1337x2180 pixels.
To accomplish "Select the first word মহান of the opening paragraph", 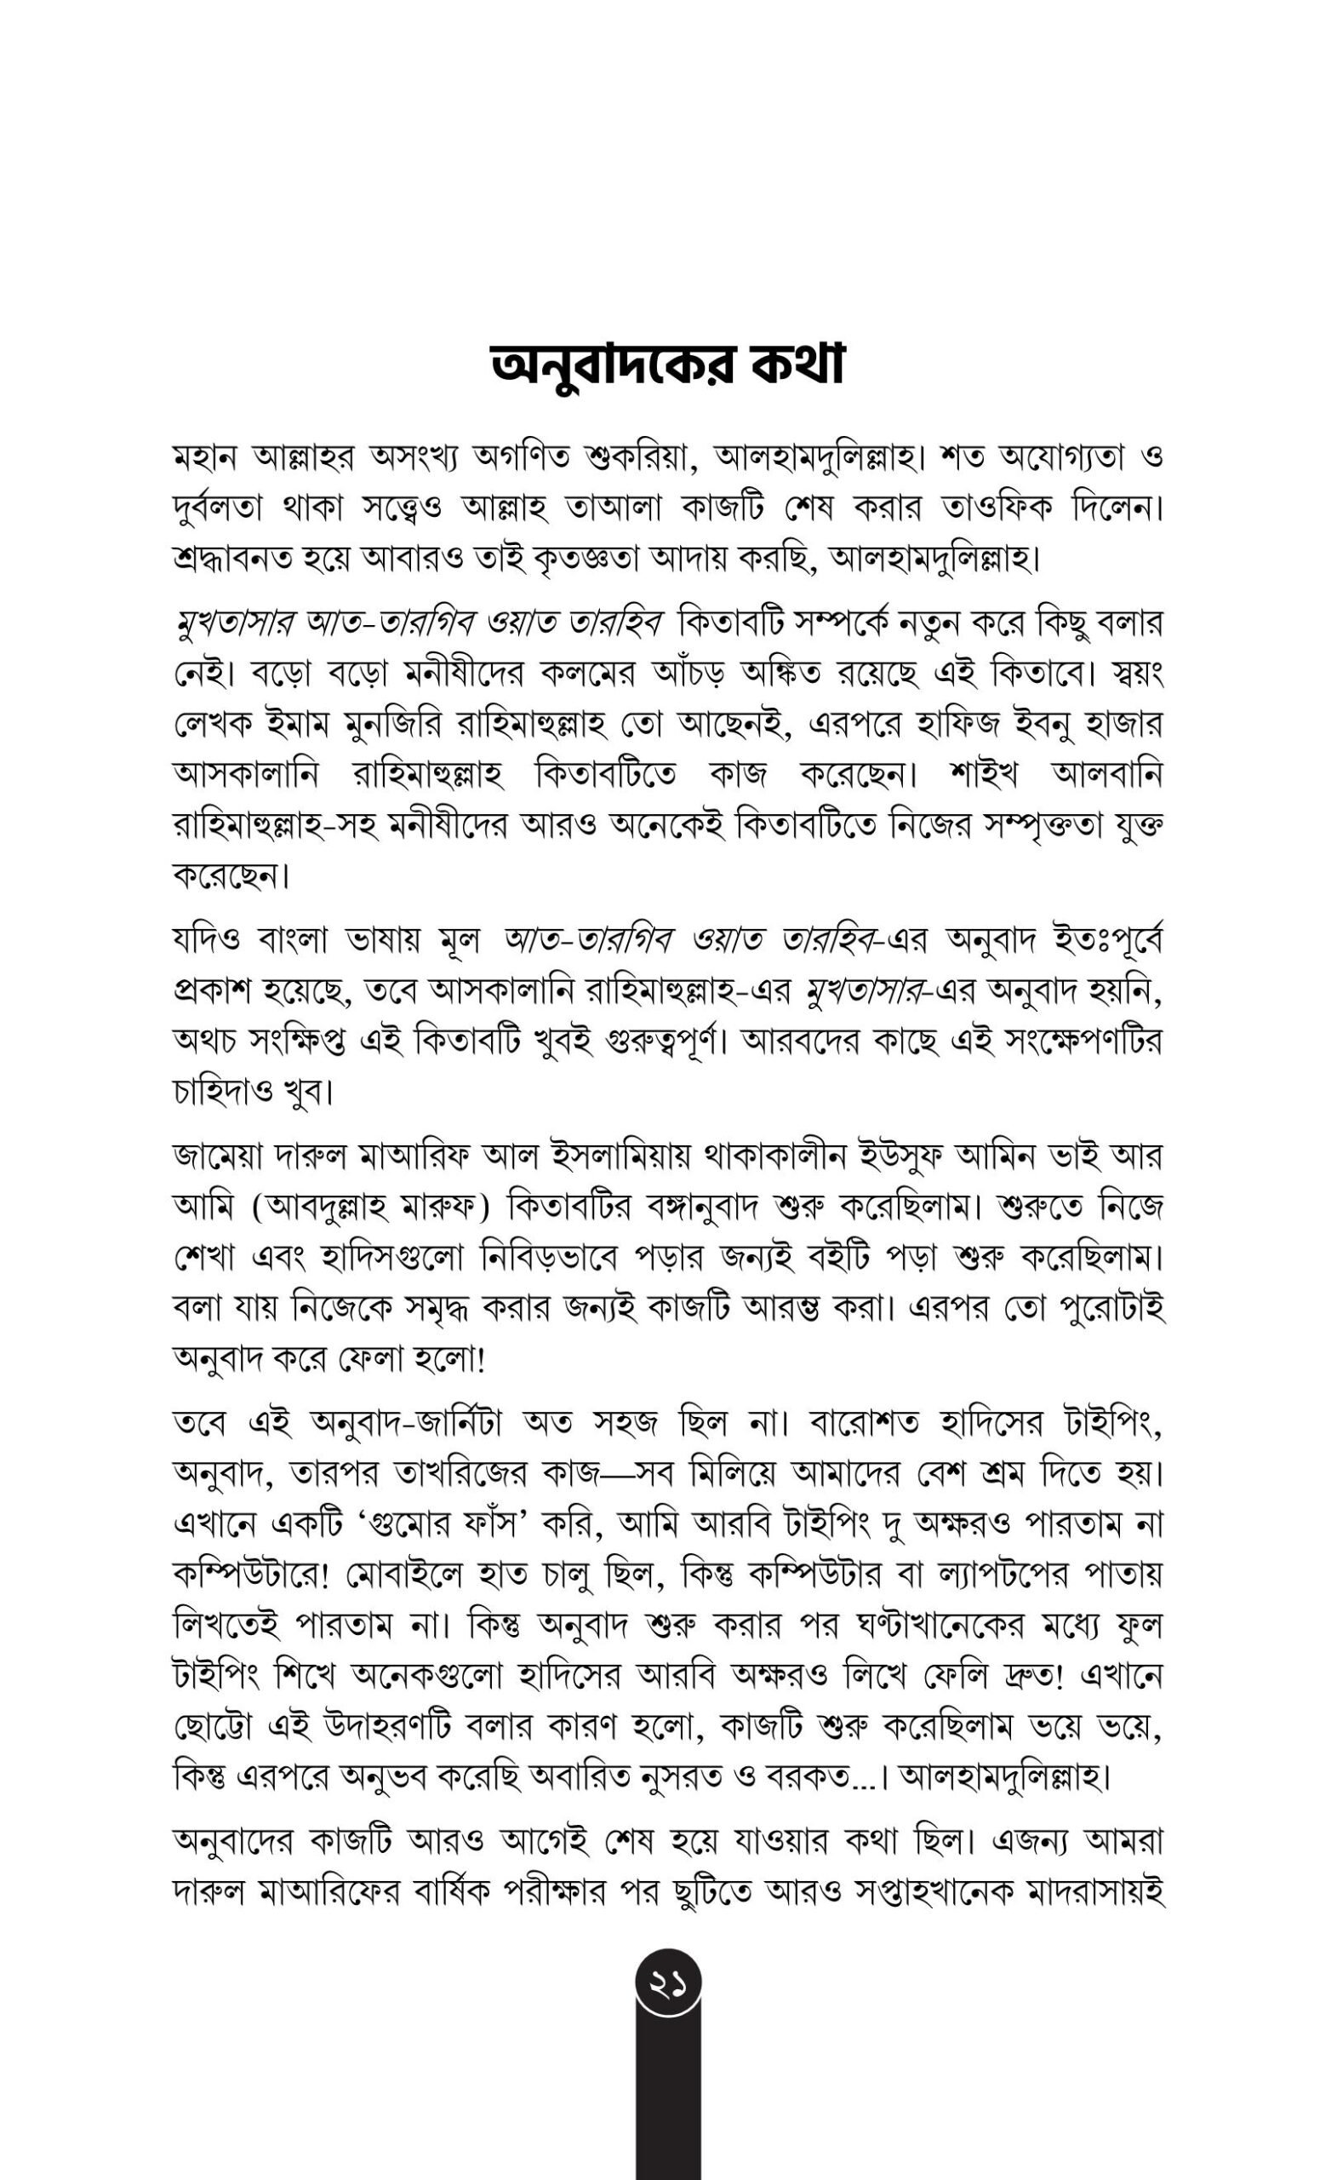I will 204,458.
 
